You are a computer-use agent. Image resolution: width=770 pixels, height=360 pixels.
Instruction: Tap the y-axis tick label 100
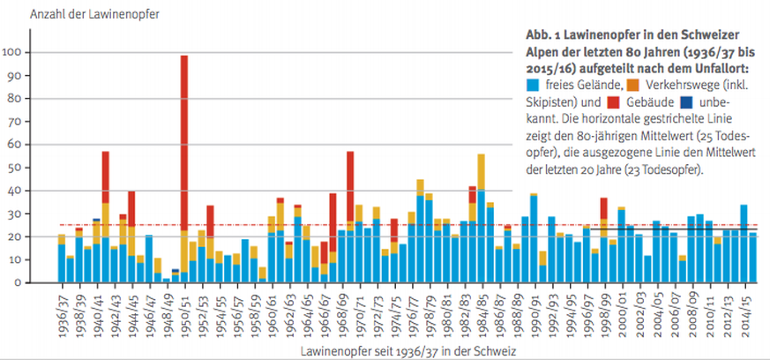click(x=16, y=52)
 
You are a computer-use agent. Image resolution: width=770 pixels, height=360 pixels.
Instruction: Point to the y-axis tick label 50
click(x=19, y=168)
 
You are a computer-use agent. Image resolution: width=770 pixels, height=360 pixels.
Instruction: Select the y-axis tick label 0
click(x=22, y=282)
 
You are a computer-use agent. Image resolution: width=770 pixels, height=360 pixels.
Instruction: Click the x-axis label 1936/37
click(x=63, y=310)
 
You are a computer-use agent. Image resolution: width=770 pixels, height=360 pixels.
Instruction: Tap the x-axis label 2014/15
click(x=744, y=310)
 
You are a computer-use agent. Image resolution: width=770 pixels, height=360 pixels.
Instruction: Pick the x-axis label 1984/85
click(x=482, y=310)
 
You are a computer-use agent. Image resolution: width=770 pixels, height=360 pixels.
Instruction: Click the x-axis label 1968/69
click(x=342, y=310)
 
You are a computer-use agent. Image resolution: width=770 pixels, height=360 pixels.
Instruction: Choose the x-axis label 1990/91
click(x=534, y=310)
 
